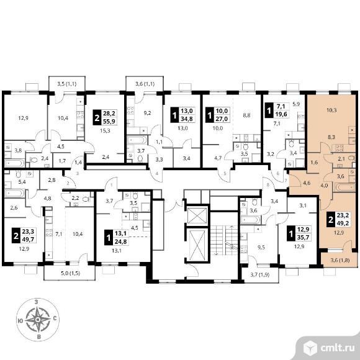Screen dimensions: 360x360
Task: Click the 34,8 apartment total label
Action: click(x=187, y=119)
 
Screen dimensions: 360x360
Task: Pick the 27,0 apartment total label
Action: click(x=222, y=119)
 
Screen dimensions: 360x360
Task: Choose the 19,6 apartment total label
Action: click(x=281, y=114)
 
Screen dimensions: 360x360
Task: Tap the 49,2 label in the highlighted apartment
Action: click(x=343, y=223)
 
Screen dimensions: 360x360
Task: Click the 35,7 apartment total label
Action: click(x=304, y=236)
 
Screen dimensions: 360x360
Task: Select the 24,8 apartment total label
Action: click(x=121, y=241)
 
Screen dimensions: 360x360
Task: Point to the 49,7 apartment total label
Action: click(x=28, y=240)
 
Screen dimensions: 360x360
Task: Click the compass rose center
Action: click(x=38, y=320)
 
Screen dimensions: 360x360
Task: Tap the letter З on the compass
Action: click(x=36, y=302)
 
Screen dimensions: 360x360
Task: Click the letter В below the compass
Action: click(x=39, y=337)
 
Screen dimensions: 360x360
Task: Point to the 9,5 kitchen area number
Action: click(x=261, y=247)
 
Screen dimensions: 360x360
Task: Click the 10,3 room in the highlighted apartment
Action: click(x=331, y=110)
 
